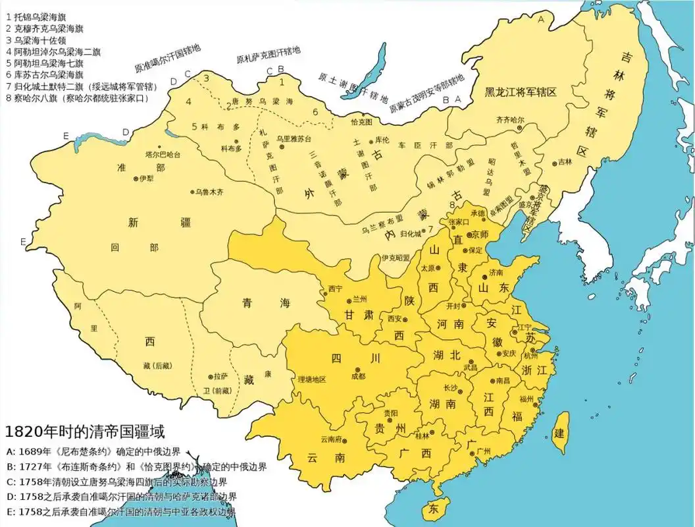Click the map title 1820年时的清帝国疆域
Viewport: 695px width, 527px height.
(84, 432)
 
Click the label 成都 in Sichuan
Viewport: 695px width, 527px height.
(358, 377)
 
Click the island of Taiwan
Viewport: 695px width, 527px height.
(559, 431)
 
